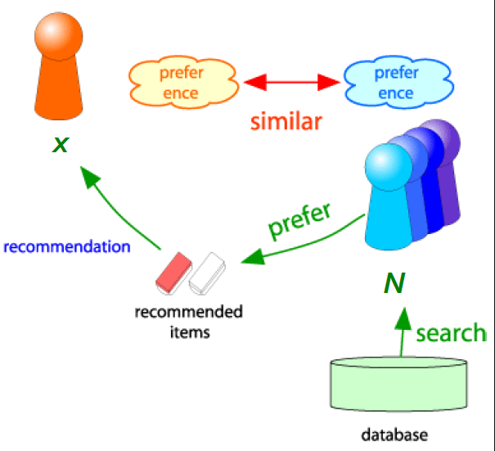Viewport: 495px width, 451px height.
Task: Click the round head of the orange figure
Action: click(x=59, y=38)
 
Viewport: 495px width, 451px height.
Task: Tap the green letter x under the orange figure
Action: click(x=61, y=145)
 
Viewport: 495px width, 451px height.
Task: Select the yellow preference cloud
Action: click(x=180, y=83)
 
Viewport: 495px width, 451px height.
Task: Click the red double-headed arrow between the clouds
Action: click(x=292, y=83)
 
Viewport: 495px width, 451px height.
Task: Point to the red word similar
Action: click(x=286, y=122)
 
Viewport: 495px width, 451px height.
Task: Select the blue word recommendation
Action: click(x=67, y=246)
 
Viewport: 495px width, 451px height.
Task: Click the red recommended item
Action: click(x=173, y=273)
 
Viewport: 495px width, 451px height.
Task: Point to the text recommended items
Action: click(x=189, y=322)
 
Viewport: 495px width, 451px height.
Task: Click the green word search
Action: click(x=450, y=333)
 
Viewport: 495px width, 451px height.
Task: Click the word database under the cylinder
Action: click(x=394, y=435)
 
